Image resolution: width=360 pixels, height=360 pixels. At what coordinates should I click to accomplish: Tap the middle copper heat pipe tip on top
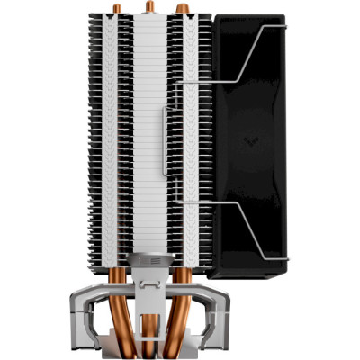pyautogui.click(x=148, y=5)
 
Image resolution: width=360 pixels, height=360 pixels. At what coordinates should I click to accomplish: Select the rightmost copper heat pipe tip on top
pyautogui.click(x=182, y=8)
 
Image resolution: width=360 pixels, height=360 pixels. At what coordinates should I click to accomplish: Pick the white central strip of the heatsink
pyautogui.click(x=148, y=135)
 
